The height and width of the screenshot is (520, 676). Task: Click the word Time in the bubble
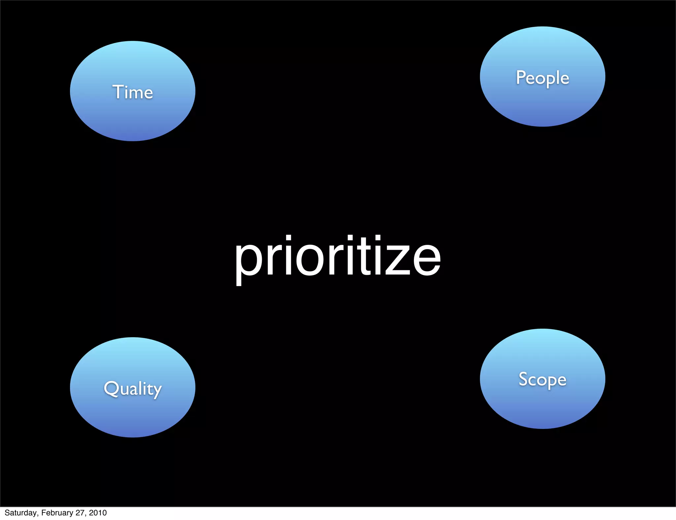coord(133,92)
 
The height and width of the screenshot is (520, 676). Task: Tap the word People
coord(542,78)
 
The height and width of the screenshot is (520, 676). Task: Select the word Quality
coord(133,388)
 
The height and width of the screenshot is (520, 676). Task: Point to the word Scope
coord(542,379)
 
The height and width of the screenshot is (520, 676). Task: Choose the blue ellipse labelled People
coord(542,106)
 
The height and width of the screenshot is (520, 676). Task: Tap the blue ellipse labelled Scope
coord(542,409)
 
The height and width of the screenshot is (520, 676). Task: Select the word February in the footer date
coord(57,513)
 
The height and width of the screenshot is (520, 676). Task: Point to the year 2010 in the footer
coord(98,513)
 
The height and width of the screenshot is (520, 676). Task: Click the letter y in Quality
coord(156,391)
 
